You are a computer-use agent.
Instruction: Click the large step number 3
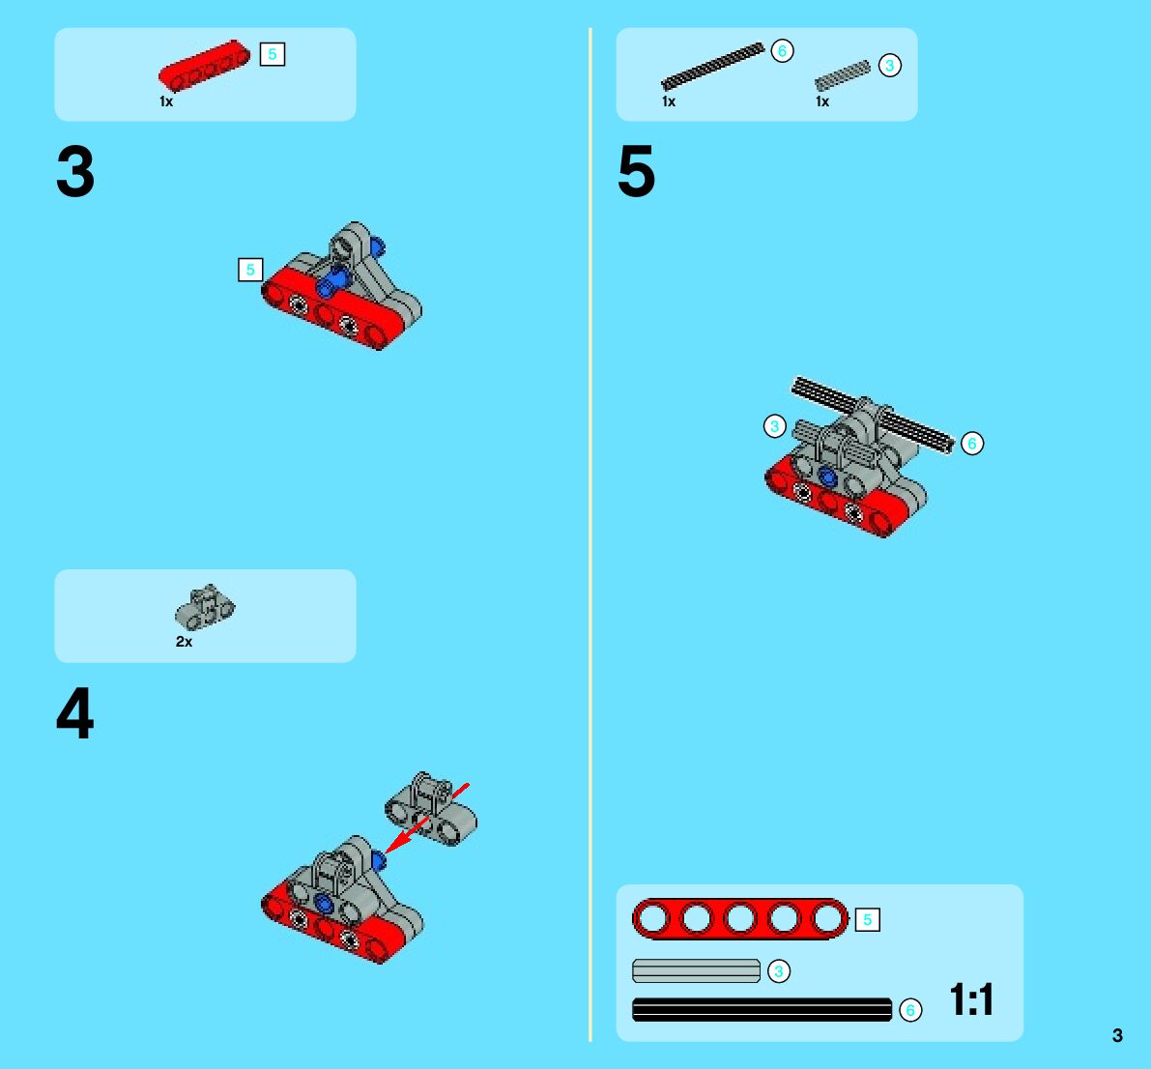point(74,172)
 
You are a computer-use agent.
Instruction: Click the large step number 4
point(74,712)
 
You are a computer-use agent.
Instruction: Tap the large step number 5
point(637,172)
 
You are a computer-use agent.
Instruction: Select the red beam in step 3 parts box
point(204,66)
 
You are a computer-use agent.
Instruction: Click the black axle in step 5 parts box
point(712,66)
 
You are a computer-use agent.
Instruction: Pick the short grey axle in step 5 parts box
point(843,75)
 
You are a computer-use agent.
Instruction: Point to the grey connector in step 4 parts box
point(205,607)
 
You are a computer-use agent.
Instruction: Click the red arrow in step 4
point(427,819)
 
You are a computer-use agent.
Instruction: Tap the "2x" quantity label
point(184,642)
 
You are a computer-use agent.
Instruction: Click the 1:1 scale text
point(971,999)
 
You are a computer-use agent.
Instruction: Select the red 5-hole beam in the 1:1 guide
point(740,918)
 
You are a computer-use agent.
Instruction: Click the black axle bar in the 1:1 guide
point(762,1009)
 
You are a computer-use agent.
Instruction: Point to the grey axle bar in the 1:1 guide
point(696,970)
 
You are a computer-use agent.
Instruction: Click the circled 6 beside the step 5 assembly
point(972,444)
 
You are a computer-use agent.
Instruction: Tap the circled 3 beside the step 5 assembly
point(774,426)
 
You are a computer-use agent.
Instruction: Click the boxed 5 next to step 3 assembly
point(250,270)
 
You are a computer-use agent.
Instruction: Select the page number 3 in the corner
point(1117,1035)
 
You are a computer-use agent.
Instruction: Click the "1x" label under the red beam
point(166,101)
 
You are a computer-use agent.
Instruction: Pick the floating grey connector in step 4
point(431,808)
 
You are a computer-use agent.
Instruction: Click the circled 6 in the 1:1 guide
point(910,1010)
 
